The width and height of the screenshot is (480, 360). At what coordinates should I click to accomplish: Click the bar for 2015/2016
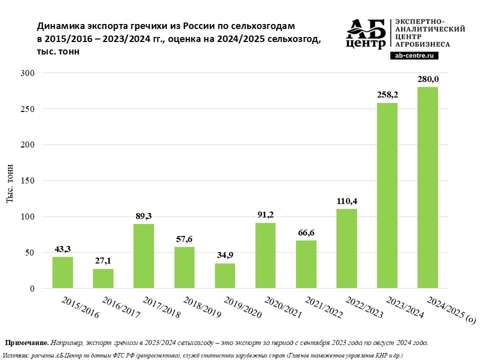click(x=62, y=272)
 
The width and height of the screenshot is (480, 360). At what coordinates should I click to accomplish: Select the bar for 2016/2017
click(x=103, y=278)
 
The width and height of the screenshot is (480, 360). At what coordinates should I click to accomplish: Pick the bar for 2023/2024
click(x=387, y=195)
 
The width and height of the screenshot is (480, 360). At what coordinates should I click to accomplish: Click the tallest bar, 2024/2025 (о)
click(x=427, y=187)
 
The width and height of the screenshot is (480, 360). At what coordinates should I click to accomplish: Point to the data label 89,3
click(x=143, y=216)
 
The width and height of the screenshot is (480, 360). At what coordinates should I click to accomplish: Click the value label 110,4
click(x=346, y=201)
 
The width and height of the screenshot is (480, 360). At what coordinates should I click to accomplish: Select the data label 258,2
click(x=387, y=95)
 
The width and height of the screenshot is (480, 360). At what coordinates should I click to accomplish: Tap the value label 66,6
click(x=306, y=232)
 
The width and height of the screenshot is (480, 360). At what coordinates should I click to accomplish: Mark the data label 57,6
click(x=184, y=239)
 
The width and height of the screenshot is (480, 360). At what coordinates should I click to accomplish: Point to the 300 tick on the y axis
click(x=28, y=73)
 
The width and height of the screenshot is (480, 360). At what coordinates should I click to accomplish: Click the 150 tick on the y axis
click(x=28, y=181)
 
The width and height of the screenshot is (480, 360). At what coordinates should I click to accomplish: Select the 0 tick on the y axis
click(x=31, y=288)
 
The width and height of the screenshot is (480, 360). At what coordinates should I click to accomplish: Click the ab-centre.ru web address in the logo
click(x=414, y=56)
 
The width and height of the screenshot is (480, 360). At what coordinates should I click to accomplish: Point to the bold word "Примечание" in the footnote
click(x=26, y=343)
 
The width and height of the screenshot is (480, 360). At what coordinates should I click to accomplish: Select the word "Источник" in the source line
click(x=16, y=355)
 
